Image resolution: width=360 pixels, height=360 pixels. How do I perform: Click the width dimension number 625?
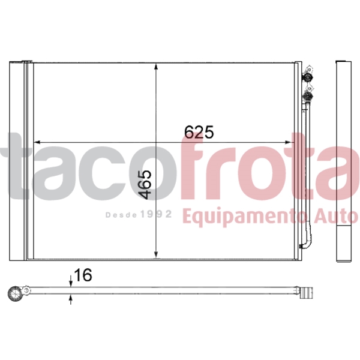tap(199, 132)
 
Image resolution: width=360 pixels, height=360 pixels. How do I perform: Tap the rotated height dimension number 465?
tap(146, 184)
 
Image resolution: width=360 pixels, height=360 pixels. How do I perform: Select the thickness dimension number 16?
tap(83, 275)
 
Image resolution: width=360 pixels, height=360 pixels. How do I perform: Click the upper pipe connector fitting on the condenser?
tap(308, 77)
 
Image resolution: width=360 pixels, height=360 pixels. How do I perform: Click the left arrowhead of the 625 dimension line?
tap(36, 142)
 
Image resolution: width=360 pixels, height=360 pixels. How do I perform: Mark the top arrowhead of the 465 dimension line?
tap(157, 68)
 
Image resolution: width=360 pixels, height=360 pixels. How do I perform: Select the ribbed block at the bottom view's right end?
tap(307, 293)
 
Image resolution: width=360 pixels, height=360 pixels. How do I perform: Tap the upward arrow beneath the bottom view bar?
tap(71, 299)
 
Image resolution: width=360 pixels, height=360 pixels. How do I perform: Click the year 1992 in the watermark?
tap(157, 214)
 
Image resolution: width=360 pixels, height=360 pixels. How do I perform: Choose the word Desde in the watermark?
tap(121, 214)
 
